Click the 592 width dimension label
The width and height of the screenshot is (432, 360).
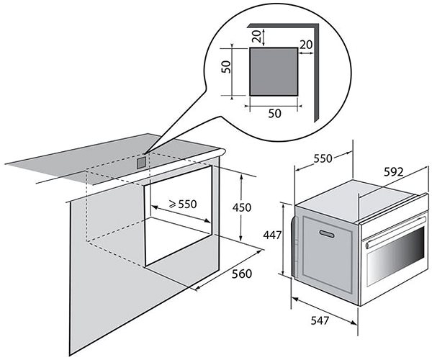point(393,172)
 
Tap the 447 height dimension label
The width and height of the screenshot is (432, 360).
point(272,235)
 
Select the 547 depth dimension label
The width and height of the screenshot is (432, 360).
point(320,320)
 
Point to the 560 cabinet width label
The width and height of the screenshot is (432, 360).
point(242,274)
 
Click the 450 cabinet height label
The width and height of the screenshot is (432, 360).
point(242,207)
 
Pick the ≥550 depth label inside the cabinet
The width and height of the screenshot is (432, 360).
point(183,204)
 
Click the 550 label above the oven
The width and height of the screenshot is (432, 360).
point(323,158)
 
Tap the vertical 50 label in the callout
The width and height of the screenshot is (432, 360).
point(226,67)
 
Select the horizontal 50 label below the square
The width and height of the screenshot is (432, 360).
point(275,113)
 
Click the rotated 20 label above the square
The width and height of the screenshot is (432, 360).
point(257,36)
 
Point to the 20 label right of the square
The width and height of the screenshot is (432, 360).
point(306,45)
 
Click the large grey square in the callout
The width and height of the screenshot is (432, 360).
point(274,71)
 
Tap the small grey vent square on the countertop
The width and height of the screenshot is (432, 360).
point(141,163)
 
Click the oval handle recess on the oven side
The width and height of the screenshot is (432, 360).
point(327,234)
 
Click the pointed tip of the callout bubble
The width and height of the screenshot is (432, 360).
point(144,153)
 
